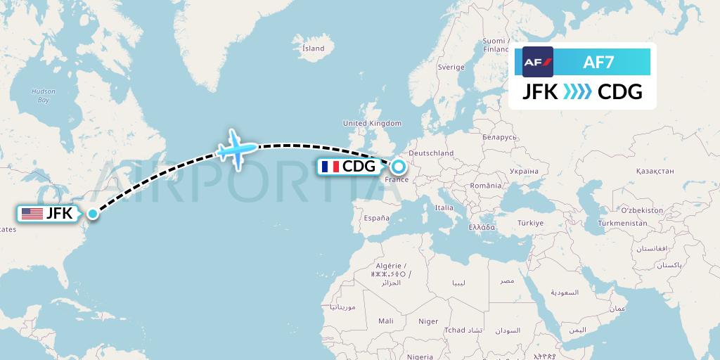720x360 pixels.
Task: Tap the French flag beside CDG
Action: [x=330, y=167]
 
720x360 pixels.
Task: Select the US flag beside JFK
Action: [x=32, y=214]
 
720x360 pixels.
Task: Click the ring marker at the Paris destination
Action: [x=399, y=167]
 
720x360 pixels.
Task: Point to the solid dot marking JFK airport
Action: [x=92, y=213]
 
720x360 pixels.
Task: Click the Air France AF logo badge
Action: [x=538, y=62]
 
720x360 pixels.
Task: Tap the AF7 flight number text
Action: [x=598, y=63]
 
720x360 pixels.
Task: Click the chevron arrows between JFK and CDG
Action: [x=577, y=92]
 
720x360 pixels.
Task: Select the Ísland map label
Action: [x=313, y=49]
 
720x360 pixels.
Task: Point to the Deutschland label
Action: [x=431, y=153]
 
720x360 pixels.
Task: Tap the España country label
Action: [x=376, y=219]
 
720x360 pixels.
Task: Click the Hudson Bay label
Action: [x=44, y=96]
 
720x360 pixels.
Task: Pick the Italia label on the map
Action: [x=444, y=207]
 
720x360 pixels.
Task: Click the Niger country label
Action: [x=428, y=321]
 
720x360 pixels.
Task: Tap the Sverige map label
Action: [x=451, y=67]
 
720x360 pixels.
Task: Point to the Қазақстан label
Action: [x=655, y=171]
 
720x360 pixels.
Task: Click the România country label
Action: [x=487, y=186]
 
